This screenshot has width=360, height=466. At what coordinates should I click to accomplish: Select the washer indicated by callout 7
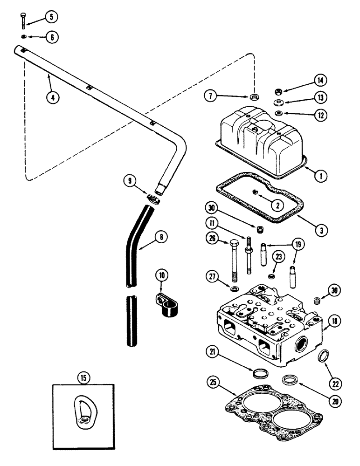255,97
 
